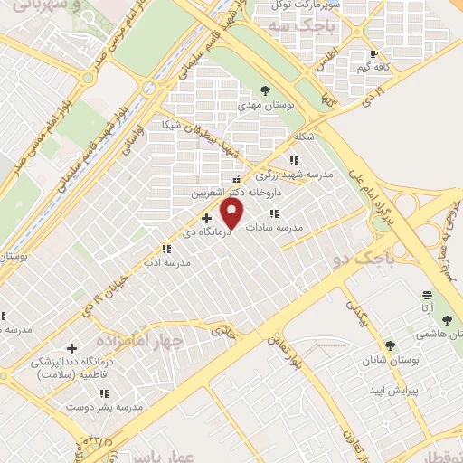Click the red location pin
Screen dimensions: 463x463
[x=233, y=214]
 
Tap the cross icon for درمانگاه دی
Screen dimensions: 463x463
[x=207, y=217]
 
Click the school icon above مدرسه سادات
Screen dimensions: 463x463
[x=274, y=213]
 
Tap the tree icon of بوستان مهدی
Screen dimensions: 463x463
[x=264, y=90]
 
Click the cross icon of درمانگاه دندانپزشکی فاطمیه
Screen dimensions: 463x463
[x=71, y=348]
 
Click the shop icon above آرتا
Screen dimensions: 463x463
[x=428, y=295]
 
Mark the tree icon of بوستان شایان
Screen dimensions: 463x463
[x=390, y=345]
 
